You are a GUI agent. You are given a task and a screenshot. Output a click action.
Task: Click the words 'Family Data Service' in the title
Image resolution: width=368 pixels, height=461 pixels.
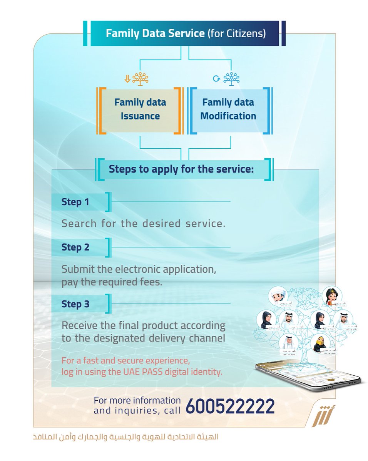155,33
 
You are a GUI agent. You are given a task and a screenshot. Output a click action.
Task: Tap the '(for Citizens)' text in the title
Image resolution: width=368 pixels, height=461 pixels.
236,33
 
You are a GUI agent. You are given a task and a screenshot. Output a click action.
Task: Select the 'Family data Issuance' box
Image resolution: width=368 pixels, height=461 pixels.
140,109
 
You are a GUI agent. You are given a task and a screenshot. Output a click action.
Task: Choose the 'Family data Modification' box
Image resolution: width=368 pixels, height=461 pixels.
228,109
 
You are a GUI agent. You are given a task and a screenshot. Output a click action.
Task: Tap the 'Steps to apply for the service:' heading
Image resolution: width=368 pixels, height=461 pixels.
181,169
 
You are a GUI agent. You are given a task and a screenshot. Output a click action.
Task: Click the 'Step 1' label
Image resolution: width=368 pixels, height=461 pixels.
75,202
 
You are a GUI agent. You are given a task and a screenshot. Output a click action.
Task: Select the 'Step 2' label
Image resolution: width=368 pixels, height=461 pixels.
75,247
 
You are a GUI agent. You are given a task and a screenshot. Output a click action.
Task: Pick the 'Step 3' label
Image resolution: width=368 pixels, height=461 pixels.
75,304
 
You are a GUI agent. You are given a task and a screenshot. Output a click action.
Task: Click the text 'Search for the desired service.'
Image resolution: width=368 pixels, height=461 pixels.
143,224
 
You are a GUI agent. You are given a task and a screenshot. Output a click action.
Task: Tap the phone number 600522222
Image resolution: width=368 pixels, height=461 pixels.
230,406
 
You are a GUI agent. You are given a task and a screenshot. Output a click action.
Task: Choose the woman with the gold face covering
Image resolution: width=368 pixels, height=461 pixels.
320,343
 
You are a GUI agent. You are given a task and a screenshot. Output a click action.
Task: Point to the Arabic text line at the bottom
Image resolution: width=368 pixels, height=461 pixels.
126,437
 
